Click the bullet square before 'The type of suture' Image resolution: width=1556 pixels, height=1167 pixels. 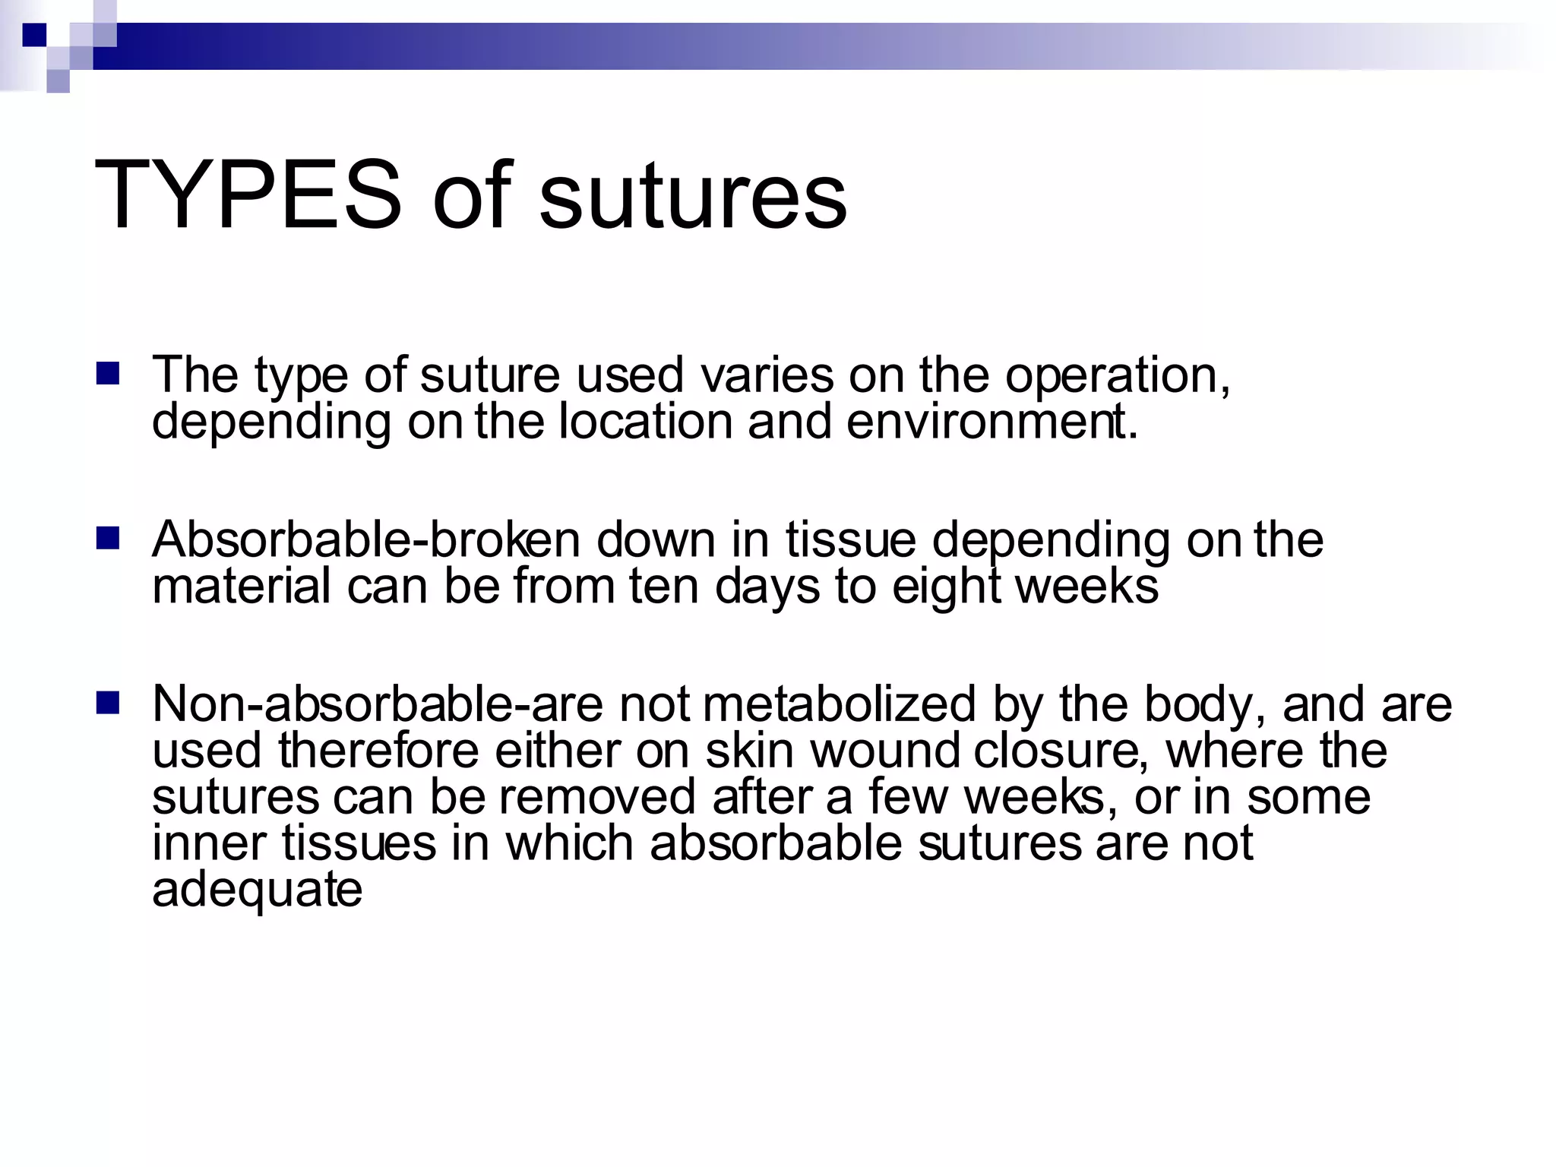[x=108, y=374]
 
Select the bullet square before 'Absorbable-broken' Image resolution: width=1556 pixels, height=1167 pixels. [x=108, y=539]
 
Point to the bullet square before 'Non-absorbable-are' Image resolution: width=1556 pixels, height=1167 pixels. [x=108, y=704]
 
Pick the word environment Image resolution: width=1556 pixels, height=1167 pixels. [x=991, y=422]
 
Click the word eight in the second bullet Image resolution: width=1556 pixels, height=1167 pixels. [x=945, y=587]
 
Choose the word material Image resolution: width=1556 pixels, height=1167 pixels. [x=242, y=587]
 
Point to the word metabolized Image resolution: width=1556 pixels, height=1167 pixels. [x=839, y=704]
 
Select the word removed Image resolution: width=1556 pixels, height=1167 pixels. [x=597, y=797]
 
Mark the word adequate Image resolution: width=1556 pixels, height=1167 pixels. [x=257, y=890]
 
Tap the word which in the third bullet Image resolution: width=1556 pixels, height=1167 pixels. [x=569, y=843]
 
